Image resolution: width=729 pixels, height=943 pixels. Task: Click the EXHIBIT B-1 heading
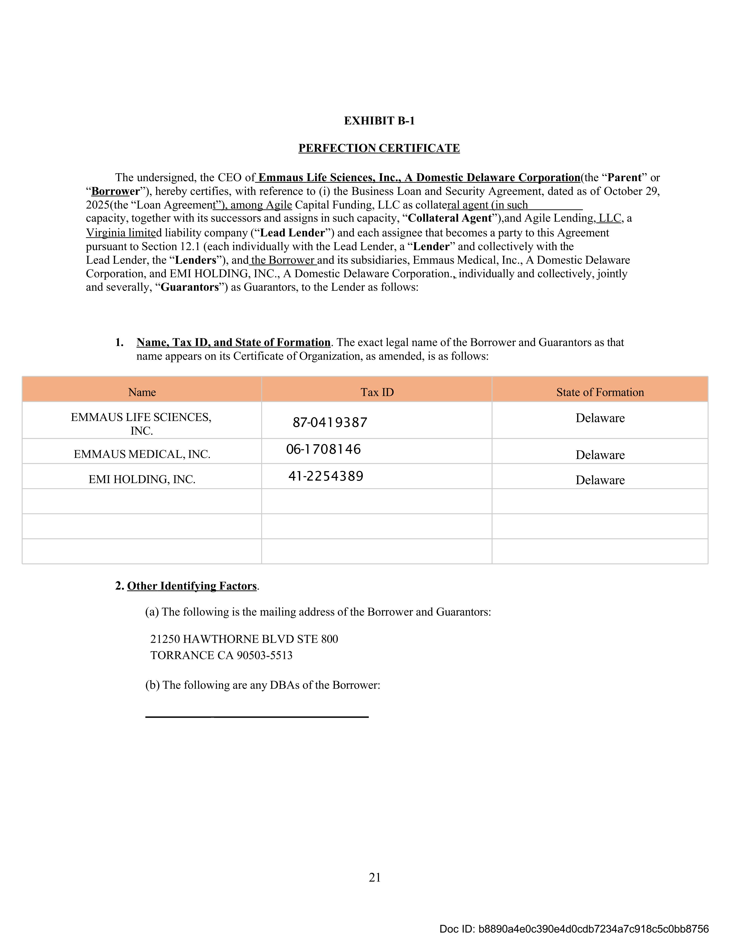tap(379, 121)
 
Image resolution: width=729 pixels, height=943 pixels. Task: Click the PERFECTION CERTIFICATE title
tap(379, 148)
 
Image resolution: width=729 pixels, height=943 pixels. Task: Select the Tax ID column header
tap(377, 392)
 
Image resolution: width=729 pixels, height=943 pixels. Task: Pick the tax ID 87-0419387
tap(330, 422)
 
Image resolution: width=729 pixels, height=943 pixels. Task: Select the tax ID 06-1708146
tap(323, 450)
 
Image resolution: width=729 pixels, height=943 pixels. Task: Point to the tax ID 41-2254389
tap(326, 476)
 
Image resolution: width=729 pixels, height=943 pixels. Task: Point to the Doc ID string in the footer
tap(573, 929)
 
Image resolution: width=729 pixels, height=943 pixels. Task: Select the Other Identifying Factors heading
tap(192, 586)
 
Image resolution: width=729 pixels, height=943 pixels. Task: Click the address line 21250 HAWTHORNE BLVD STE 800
tap(244, 639)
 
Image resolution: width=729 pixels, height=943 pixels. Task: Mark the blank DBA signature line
tap(257, 717)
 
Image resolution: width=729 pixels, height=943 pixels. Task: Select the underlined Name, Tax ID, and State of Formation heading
tap(233, 342)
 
